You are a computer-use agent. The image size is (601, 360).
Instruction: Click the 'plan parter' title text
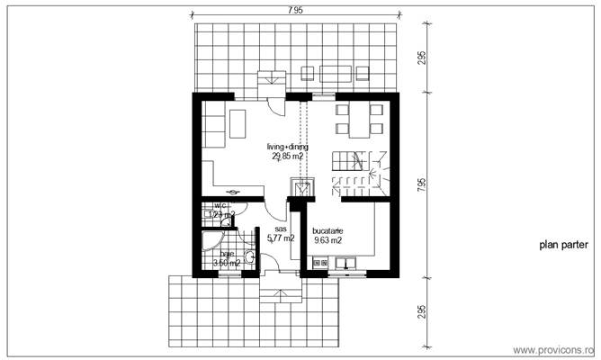[x=564, y=244]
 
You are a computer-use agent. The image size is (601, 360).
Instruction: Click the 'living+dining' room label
[x=287, y=146]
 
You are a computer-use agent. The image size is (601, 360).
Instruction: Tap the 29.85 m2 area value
[x=287, y=156]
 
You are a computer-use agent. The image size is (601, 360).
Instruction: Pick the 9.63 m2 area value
[x=327, y=241]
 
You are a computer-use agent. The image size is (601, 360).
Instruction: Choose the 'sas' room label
[x=280, y=229]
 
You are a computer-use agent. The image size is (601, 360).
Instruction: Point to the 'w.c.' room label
[x=220, y=206]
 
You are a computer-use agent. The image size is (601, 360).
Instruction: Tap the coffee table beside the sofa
[x=238, y=121]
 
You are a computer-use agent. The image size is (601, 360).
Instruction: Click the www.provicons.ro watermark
[x=552, y=349]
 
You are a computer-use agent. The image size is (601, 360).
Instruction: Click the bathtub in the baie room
[x=210, y=240]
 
